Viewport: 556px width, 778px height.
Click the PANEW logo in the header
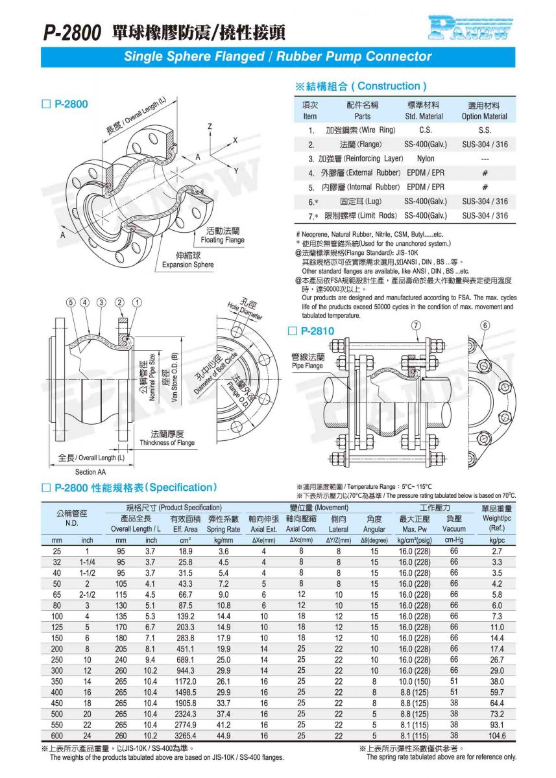pos(470,27)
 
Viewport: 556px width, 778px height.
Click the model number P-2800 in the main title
pos(72,33)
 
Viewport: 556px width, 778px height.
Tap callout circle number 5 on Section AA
pos(71,302)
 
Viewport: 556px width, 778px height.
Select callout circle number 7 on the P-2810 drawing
pos(416,325)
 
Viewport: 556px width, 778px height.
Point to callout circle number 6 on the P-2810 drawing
pos(485,325)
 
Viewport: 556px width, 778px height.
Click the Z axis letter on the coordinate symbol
pos(210,126)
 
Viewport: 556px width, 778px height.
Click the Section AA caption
pos(90,472)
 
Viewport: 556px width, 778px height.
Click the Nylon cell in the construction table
pos(426,159)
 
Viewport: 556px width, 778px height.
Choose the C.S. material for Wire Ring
pos(426,130)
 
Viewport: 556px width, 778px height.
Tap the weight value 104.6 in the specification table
pos(497,736)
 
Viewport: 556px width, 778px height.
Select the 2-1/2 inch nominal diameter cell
pos(87,595)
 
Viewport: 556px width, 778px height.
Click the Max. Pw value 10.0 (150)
pos(415,681)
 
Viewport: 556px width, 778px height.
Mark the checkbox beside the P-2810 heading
pos(292,331)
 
